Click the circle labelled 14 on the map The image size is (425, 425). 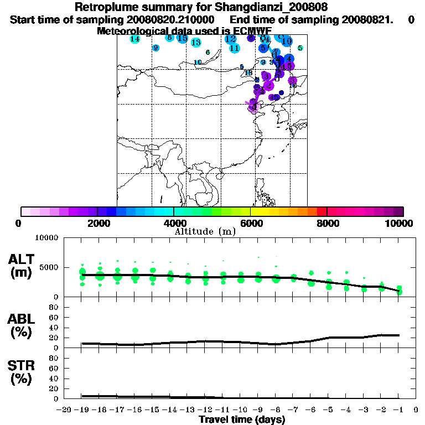point(135,39)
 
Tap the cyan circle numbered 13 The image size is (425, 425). point(196,43)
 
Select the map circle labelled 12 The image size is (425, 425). point(231,39)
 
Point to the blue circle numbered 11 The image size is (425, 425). point(235,48)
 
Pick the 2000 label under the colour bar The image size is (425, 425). point(97,223)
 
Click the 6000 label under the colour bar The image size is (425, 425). point(250,223)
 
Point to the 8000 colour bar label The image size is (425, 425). point(327,223)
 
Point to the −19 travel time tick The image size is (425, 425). point(82,411)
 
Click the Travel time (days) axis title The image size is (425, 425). point(242,420)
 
